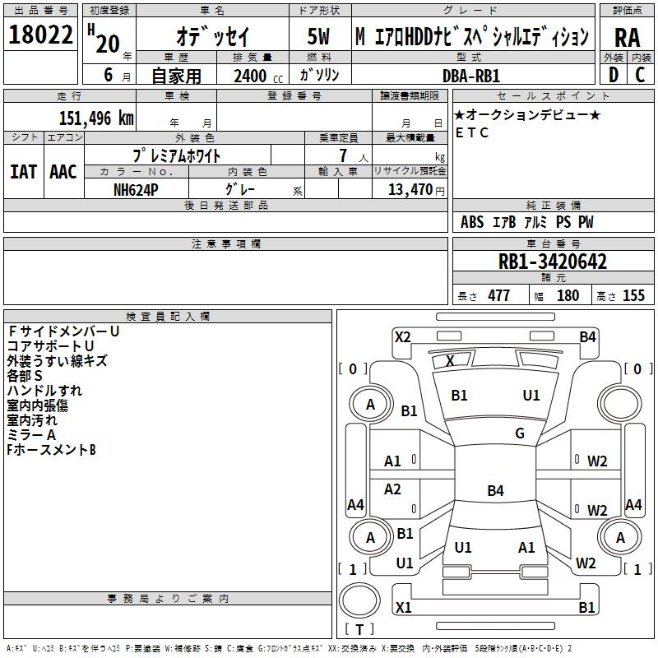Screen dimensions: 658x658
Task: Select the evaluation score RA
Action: (627, 37)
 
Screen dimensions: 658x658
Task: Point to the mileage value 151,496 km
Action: (96, 118)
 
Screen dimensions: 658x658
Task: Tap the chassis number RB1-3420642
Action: (553, 262)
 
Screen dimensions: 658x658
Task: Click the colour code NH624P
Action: (137, 188)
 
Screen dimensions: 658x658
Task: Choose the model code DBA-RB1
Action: (471, 76)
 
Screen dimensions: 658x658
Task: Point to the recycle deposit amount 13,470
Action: (410, 189)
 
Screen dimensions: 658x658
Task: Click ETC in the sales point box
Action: (473, 132)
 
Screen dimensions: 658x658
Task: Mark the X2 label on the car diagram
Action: (402, 336)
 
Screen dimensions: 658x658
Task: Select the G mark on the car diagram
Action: (519, 433)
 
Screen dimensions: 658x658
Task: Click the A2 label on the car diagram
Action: (393, 489)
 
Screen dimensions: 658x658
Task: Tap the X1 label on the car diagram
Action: (403, 607)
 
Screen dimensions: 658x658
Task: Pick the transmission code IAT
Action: (23, 172)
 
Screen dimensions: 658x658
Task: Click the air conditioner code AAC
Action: (63, 172)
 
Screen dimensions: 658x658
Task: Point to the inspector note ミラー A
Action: (31, 435)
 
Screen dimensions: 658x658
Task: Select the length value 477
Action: (498, 296)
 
